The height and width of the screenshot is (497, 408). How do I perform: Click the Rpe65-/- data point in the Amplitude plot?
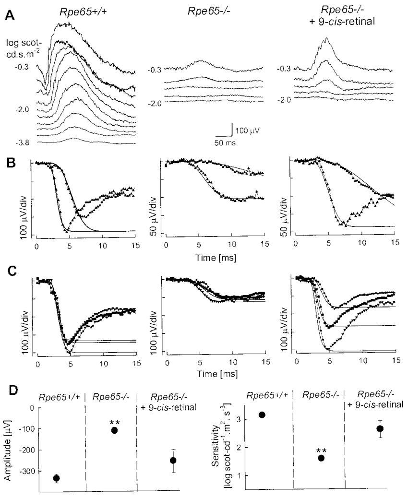click(x=114, y=430)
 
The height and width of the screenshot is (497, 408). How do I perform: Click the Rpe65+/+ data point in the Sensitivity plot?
click(x=262, y=414)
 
